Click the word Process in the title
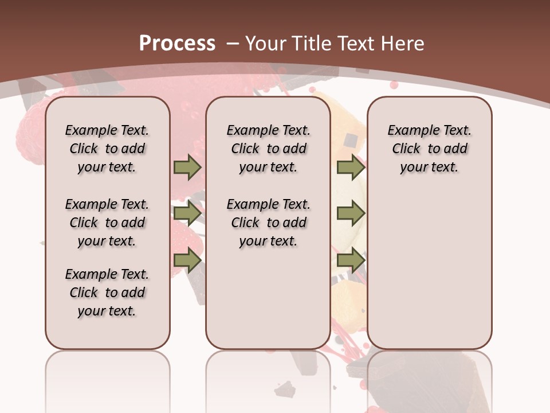pos(177,43)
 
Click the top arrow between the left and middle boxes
pos(187,167)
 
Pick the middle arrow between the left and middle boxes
pos(187,214)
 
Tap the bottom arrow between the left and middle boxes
pos(187,260)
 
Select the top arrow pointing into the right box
pos(351,167)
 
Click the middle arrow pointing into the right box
pos(351,214)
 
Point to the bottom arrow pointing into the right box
pos(351,260)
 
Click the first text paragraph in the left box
pos(107,149)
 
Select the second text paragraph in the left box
pos(107,223)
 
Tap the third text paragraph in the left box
pos(107,293)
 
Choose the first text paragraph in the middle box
pos(268,149)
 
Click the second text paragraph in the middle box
pos(268,223)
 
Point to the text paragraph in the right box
pos(429,149)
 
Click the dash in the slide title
pos(233,44)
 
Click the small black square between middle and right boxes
pos(351,139)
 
